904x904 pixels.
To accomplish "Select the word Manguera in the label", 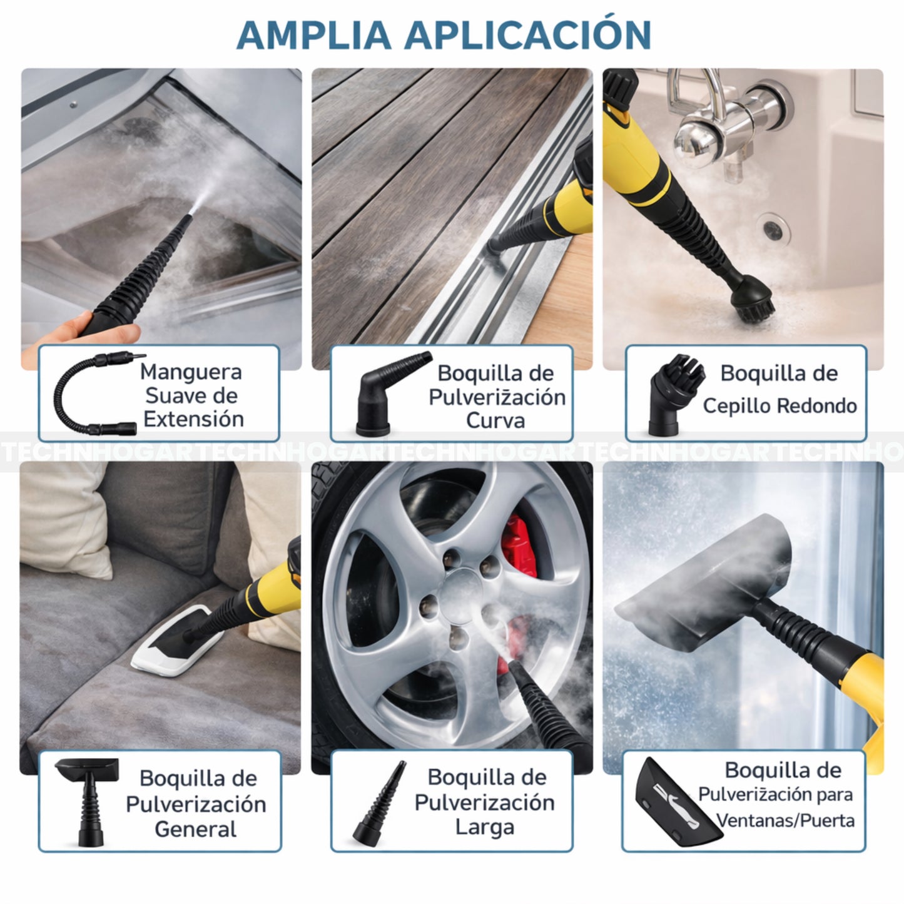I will click(x=190, y=372).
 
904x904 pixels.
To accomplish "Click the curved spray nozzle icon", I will click(x=390, y=394).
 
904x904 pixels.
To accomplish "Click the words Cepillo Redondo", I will click(x=780, y=405).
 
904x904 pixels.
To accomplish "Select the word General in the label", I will click(x=195, y=829).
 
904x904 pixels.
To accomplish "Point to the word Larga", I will click(x=484, y=827).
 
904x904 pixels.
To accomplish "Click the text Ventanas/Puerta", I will click(x=785, y=820).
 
